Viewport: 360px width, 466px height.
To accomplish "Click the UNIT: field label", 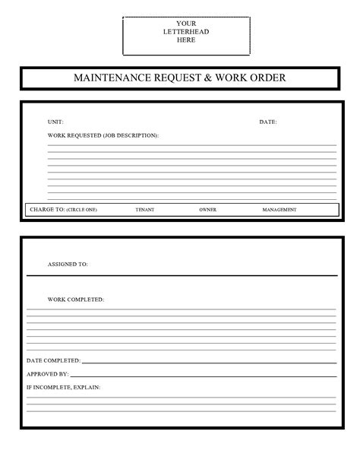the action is click(55, 122).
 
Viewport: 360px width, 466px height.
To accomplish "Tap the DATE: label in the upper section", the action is click(268, 122).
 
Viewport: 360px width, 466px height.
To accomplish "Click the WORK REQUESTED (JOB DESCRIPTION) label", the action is click(103, 135).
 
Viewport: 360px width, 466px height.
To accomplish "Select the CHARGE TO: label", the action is click(46, 209).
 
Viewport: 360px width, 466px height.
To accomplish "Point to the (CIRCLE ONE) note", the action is click(81, 209).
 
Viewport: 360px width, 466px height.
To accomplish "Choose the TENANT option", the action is click(144, 209).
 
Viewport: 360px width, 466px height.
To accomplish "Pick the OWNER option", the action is click(207, 209).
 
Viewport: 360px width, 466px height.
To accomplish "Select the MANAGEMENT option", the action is click(279, 209).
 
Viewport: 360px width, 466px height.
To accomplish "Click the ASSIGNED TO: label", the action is click(68, 265).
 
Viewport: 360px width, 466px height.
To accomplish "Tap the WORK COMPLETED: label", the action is click(76, 300).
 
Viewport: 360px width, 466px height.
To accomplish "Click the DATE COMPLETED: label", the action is click(53, 360).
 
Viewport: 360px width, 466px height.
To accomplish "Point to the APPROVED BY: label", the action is click(48, 374).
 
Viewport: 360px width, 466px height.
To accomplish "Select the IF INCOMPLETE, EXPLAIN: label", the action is click(63, 387).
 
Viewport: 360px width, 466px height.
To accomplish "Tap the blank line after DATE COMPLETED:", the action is click(209, 362).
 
